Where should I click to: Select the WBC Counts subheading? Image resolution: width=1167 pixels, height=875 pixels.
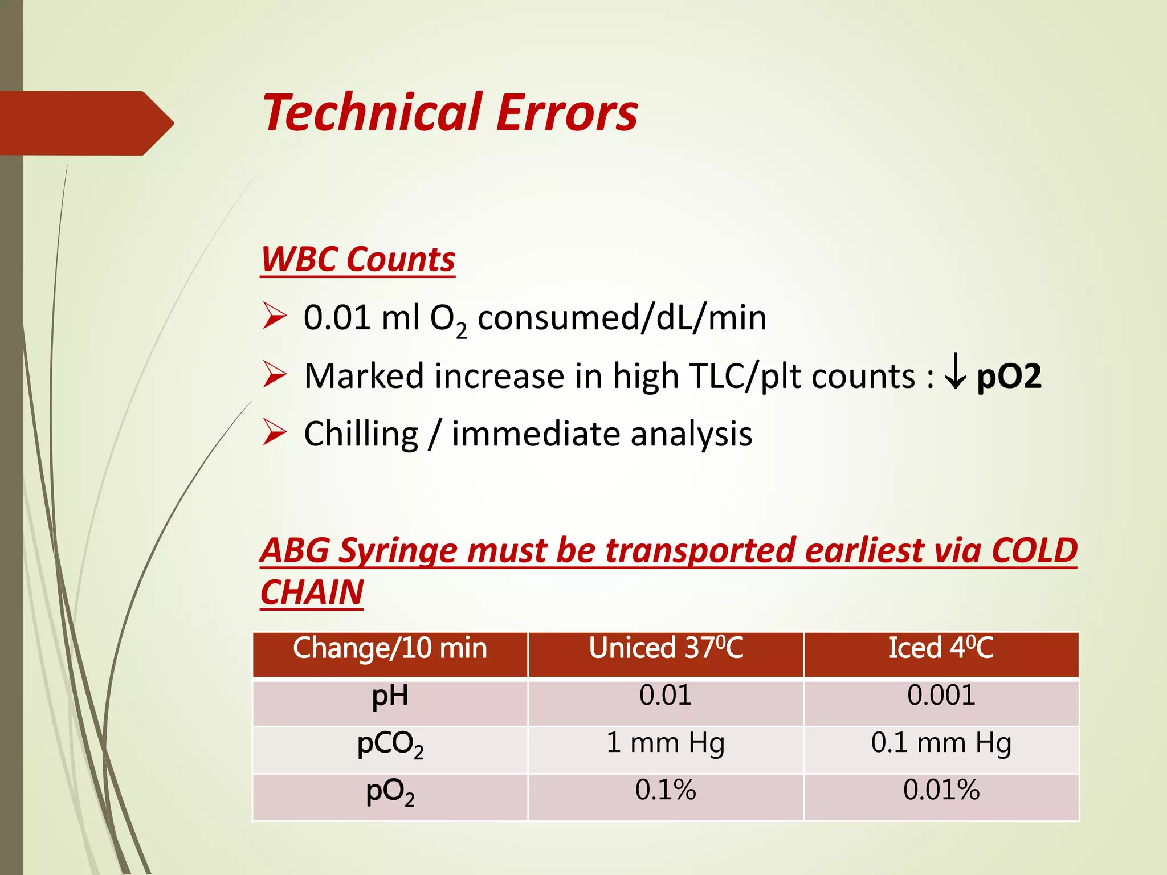358,260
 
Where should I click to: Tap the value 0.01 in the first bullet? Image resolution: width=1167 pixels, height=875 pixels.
337,317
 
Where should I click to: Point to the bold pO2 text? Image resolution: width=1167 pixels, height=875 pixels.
1009,376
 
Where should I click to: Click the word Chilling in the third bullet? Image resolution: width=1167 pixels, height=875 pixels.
361,434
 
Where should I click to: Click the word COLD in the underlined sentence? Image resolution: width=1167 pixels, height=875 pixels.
1034,550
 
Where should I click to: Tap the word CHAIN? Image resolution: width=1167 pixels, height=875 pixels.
312,592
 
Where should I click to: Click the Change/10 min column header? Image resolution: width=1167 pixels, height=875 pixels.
390,648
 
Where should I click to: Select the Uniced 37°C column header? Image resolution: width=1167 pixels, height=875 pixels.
666,648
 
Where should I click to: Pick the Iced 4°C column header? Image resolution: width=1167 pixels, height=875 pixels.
941,648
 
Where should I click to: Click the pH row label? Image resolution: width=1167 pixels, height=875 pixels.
390,696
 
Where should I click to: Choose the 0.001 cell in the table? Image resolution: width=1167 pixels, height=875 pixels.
941,696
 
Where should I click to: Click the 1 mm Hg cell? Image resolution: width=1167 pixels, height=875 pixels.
665,743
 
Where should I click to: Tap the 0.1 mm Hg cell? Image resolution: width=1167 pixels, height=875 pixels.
941,743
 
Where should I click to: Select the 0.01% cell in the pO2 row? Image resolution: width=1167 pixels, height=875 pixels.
941,790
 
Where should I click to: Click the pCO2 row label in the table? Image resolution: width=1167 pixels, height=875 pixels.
390,744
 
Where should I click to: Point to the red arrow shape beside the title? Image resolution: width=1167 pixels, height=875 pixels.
85,123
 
